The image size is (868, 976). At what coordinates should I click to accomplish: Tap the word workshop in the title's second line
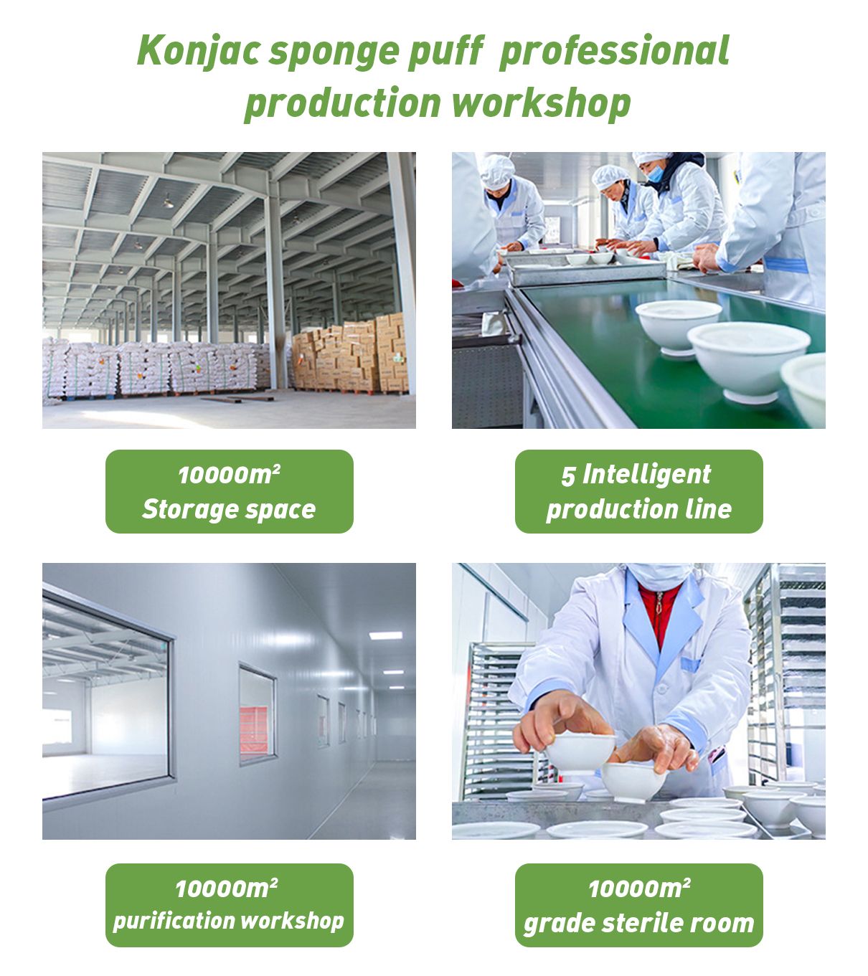tap(541, 103)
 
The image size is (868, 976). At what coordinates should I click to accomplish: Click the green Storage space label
tap(230, 491)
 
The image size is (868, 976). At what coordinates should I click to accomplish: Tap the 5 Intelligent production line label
tap(638, 491)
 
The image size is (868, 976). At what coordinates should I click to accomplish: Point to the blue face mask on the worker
tap(655, 174)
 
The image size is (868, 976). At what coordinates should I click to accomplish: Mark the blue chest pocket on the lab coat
tap(690, 665)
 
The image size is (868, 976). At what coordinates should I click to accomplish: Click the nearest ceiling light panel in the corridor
tap(385, 636)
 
